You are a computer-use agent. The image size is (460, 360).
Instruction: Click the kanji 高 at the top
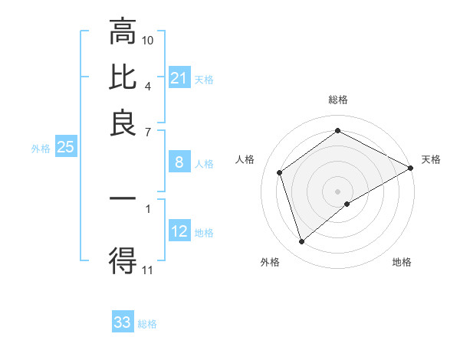pyautogui.click(x=123, y=32)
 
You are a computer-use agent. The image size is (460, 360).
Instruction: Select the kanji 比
pyautogui.click(x=123, y=78)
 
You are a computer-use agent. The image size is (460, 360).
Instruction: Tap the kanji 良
pyautogui.click(x=123, y=123)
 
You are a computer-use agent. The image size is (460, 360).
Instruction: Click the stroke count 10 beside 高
pyautogui.click(x=148, y=40)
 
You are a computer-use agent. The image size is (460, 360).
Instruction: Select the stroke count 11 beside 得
pyautogui.click(x=148, y=270)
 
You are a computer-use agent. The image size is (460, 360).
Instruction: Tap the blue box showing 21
pyautogui.click(x=179, y=78)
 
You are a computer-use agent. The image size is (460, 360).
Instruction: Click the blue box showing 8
pyautogui.click(x=179, y=162)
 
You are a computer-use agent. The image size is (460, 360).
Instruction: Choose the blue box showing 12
pyautogui.click(x=179, y=231)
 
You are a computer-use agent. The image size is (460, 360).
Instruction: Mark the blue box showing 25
pyautogui.click(x=65, y=147)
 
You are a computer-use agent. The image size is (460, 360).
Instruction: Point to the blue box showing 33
pyautogui.click(x=123, y=322)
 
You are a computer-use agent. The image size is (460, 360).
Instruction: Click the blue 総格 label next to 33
pyautogui.click(x=147, y=324)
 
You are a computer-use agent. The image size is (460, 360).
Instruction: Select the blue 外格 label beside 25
pyautogui.click(x=40, y=149)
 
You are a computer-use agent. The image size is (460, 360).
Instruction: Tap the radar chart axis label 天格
pyautogui.click(x=431, y=159)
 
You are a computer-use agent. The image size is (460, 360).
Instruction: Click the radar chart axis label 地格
pyautogui.click(x=402, y=262)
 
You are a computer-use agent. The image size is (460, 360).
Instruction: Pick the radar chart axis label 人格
pyautogui.click(x=245, y=159)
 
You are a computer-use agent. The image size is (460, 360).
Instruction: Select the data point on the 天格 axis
pyautogui.click(x=411, y=168)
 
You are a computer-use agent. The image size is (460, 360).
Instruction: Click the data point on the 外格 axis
pyautogui.click(x=301, y=242)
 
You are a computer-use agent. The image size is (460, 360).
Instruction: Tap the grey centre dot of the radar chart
pyautogui.click(x=338, y=191)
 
